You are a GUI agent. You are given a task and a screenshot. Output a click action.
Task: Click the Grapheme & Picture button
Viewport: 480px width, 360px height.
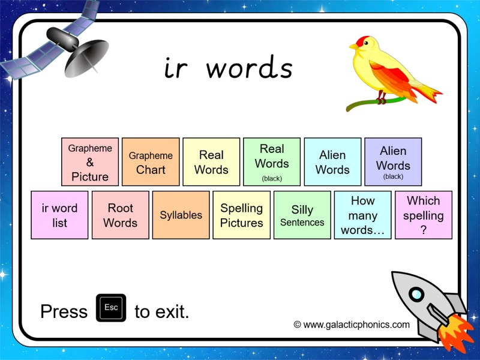click(90, 162)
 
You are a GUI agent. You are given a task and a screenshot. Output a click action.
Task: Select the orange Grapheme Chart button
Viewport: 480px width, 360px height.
click(151, 162)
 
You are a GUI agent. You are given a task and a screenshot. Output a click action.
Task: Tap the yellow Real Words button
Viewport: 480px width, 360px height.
click(211, 162)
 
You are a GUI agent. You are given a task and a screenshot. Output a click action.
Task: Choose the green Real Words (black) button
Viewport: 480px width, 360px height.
click(272, 162)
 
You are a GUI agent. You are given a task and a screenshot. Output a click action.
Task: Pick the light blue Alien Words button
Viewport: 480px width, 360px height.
click(332, 162)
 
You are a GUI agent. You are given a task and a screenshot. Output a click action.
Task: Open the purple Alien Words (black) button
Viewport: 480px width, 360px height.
click(393, 162)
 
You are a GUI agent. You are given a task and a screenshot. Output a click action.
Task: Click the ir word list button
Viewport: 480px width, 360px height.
click(59, 215)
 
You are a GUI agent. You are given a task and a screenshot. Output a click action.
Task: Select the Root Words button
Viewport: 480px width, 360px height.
click(120, 215)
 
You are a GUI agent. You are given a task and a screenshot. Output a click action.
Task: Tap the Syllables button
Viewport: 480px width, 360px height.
click(181, 215)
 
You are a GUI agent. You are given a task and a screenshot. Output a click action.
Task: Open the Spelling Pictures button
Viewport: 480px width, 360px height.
click(241, 215)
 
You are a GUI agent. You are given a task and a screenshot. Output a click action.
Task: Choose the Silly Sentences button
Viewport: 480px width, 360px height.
click(302, 215)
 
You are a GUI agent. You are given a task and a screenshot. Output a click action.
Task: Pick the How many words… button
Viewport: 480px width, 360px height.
click(362, 215)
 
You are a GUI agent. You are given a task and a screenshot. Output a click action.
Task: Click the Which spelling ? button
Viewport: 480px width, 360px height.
click(423, 215)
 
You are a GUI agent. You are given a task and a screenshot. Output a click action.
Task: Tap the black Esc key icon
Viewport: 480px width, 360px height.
click(111, 308)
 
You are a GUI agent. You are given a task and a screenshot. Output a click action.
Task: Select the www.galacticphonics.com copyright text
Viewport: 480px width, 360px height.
click(352, 325)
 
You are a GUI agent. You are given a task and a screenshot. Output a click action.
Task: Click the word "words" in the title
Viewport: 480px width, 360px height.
click(249, 68)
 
